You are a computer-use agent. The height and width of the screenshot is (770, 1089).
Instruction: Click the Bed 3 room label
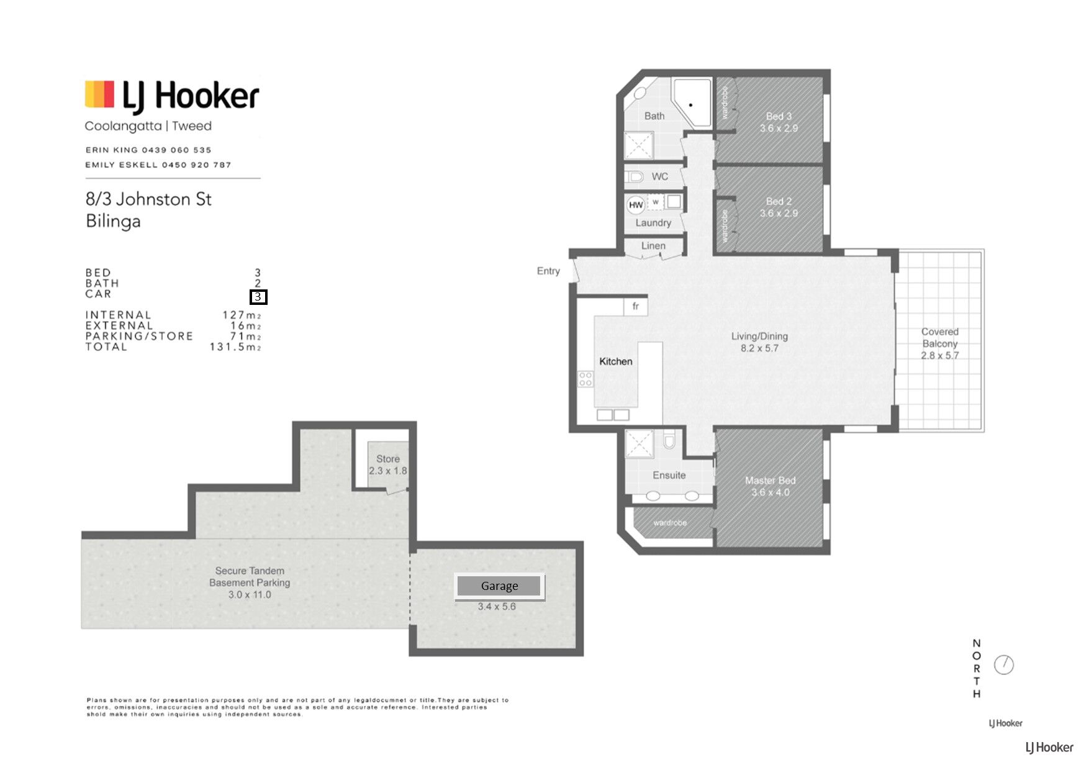click(x=779, y=116)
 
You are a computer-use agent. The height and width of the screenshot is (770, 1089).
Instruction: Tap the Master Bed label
click(x=770, y=481)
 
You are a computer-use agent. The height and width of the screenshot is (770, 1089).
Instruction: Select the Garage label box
click(x=500, y=586)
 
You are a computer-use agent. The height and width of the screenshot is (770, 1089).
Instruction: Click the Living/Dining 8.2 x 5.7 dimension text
click(x=759, y=348)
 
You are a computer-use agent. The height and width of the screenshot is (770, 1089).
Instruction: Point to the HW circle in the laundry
click(x=636, y=205)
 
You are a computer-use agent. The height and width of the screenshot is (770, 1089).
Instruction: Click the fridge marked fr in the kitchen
click(x=636, y=306)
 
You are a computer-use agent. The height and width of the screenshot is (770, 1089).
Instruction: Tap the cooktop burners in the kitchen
click(x=585, y=379)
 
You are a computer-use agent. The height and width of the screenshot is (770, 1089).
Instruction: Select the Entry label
click(x=548, y=271)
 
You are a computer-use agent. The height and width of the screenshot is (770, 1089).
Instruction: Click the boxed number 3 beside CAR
click(x=258, y=297)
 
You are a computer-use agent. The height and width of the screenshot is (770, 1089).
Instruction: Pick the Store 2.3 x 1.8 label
click(x=388, y=465)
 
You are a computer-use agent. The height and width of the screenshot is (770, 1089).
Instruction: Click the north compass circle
click(x=1004, y=665)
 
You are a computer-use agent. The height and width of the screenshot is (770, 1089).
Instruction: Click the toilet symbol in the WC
click(x=634, y=177)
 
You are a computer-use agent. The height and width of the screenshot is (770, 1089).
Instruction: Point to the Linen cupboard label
click(x=653, y=246)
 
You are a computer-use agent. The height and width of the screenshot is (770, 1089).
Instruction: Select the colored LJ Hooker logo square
click(x=99, y=94)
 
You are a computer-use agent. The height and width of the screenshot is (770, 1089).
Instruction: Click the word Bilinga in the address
click(x=113, y=222)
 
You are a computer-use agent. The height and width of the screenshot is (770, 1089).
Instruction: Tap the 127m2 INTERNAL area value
click(x=242, y=315)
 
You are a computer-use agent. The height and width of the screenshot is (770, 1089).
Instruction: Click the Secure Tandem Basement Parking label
click(x=250, y=577)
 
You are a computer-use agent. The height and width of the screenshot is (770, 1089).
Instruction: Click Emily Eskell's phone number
click(x=196, y=165)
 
